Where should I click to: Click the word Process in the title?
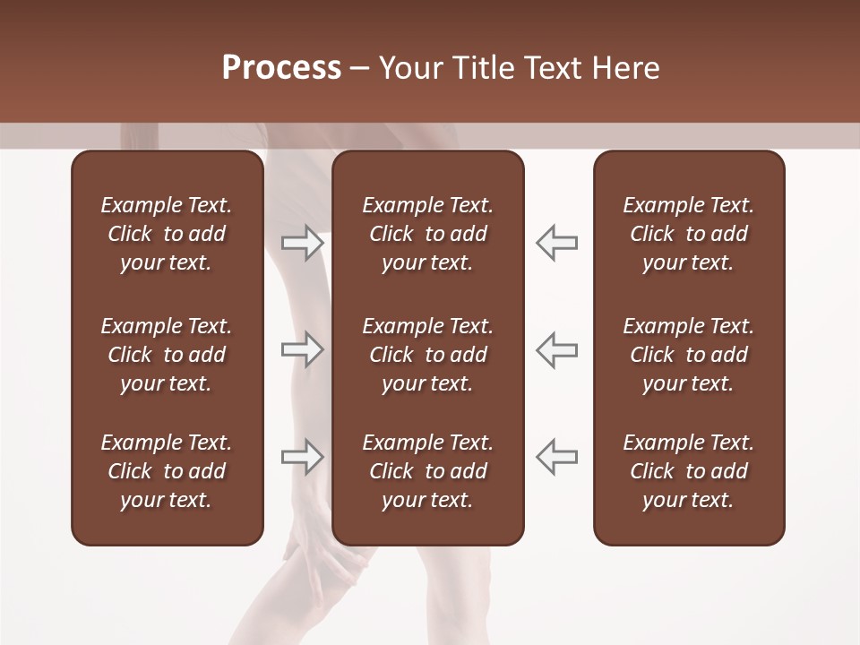click(281, 68)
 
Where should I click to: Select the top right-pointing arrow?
click(302, 242)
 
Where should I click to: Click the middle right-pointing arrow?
click(302, 349)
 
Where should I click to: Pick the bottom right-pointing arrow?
click(302, 457)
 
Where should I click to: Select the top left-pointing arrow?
click(556, 242)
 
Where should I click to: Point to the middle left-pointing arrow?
click(556, 349)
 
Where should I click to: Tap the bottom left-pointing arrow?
click(556, 457)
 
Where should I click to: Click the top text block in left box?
click(167, 234)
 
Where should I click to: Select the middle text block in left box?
click(167, 355)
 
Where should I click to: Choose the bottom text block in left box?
click(167, 471)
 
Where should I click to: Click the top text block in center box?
click(428, 234)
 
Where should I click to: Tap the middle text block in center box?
click(428, 355)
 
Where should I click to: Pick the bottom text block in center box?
click(428, 471)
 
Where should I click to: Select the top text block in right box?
click(689, 234)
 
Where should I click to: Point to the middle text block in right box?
click(689, 355)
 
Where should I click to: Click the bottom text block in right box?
click(689, 471)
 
